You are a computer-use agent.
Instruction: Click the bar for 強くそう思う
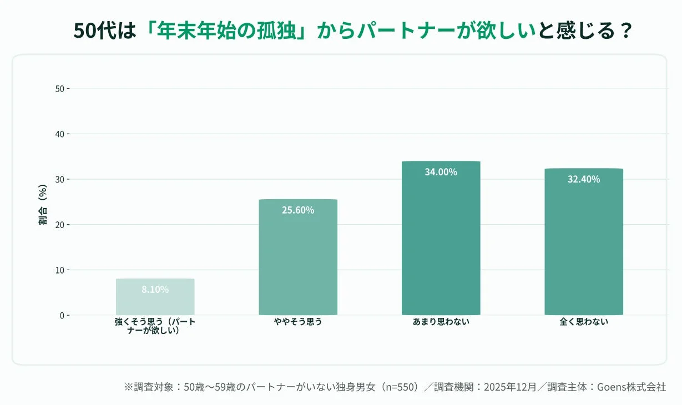tap(155, 297)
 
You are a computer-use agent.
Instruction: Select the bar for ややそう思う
tap(298, 257)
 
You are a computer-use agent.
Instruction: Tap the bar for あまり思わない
tap(441, 239)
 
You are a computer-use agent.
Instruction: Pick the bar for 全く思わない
tap(584, 242)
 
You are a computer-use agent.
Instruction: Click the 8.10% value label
tap(155, 290)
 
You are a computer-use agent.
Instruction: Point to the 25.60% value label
tap(298, 210)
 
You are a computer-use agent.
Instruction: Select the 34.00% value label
tap(441, 172)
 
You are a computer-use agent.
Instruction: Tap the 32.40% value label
tap(584, 179)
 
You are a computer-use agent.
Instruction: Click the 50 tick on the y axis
tap(59, 89)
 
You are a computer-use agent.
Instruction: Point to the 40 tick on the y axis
tap(59, 134)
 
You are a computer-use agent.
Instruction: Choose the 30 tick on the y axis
tap(59, 179)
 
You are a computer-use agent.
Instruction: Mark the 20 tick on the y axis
tap(59, 225)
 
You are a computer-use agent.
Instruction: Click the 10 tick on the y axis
tap(59, 270)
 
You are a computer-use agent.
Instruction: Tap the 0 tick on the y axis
tap(62, 315)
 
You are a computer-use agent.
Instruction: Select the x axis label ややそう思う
tap(298, 322)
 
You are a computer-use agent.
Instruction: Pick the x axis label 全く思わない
tap(584, 322)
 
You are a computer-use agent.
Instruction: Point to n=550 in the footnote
tap(397, 387)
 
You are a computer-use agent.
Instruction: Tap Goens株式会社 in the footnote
tap(631, 387)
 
